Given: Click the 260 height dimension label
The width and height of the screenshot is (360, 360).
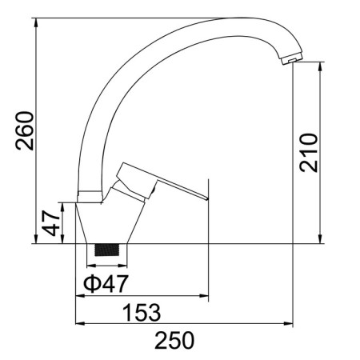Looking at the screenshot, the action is tap(25, 131).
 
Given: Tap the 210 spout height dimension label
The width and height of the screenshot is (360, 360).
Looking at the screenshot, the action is tap(309, 153).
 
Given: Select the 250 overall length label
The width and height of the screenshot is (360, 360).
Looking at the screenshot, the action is tap(174, 340).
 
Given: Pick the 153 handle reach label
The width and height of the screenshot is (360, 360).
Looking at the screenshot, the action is tap(142, 312).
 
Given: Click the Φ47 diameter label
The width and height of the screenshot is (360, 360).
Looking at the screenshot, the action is tap(106, 283).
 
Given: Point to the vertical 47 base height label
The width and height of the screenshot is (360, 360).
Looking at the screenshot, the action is tap(51, 223).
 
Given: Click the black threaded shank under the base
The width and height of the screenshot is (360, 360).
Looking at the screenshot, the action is tap(107, 250).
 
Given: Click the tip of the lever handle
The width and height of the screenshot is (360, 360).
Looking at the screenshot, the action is tap(207, 198).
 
